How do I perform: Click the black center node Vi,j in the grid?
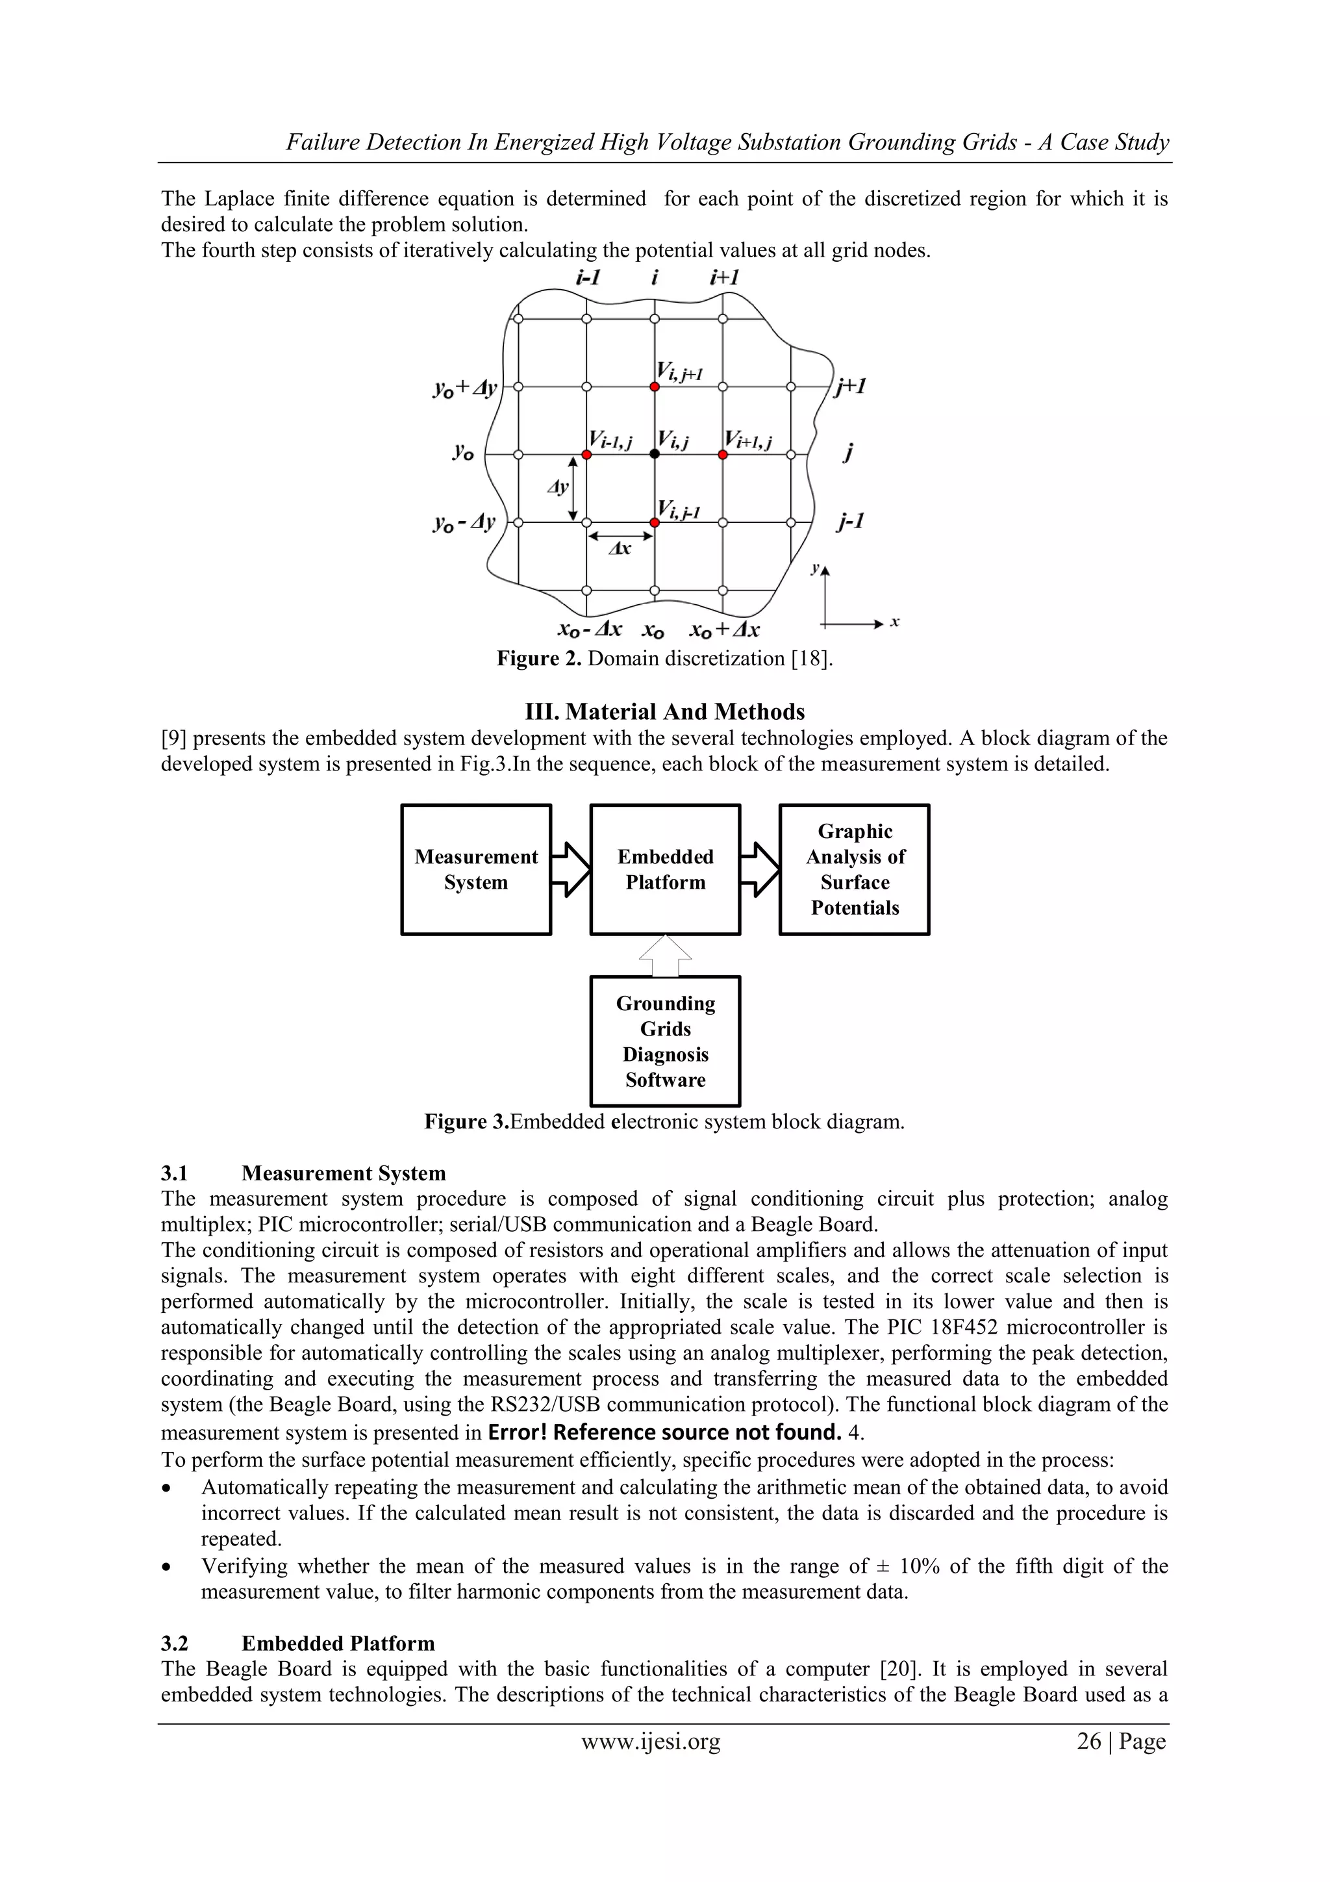(654, 454)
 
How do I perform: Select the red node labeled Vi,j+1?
(654, 386)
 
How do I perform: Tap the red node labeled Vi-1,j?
(586, 454)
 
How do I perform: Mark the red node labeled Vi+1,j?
(723, 454)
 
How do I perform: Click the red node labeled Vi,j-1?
(654, 522)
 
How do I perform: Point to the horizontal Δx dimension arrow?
(620, 537)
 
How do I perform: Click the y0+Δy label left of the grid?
(464, 388)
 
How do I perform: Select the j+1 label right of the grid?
(851, 386)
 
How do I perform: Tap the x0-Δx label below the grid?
(589, 629)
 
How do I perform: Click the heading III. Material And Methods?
(664, 711)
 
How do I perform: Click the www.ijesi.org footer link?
(651, 1740)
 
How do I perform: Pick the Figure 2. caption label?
(538, 658)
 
